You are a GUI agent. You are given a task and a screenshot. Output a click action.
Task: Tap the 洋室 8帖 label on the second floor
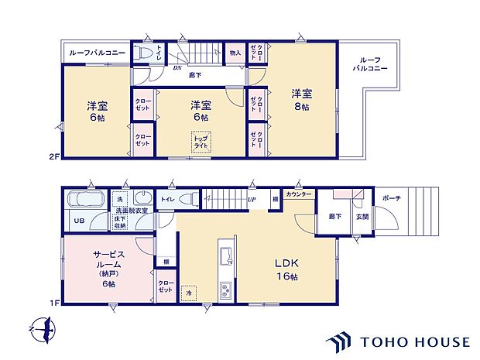[302, 98]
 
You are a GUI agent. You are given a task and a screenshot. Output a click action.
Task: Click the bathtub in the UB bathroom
[86, 199]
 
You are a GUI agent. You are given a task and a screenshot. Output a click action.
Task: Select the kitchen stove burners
[225, 291]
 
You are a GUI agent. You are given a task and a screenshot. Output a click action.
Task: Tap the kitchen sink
[225, 255]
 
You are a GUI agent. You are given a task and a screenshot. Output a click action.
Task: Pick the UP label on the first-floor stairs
[252, 200]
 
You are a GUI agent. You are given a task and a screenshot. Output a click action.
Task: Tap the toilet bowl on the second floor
[144, 53]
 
